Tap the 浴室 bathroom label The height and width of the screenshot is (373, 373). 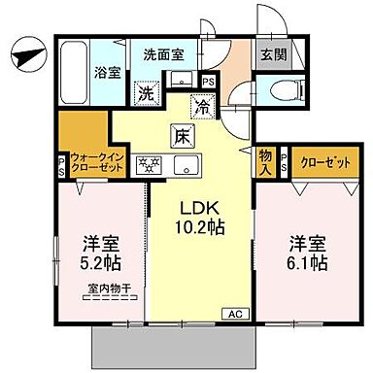(106, 71)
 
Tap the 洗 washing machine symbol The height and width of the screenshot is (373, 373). (145, 94)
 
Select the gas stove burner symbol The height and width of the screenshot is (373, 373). (149, 163)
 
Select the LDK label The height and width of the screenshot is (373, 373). (198, 206)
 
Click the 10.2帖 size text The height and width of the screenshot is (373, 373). (198, 227)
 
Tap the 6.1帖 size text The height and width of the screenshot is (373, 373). (304, 262)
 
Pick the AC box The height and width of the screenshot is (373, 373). (235, 313)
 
